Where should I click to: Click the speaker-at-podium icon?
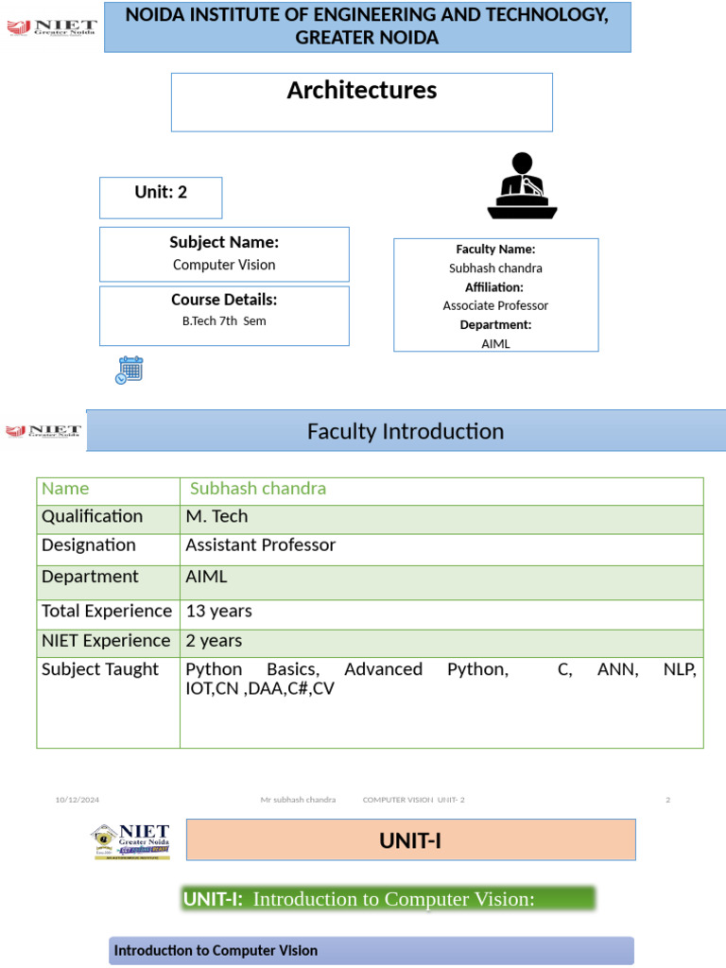[522, 185]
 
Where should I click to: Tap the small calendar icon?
[129, 370]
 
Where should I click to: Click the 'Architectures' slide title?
[361, 91]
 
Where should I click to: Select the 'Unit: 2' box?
[161, 193]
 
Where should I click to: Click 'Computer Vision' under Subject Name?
[224, 265]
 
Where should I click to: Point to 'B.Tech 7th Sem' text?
[224, 320]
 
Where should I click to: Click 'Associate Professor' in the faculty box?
[495, 305]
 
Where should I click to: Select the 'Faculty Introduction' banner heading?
[406, 432]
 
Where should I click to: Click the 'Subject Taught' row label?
[100, 669]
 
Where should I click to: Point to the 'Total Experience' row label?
[107, 611]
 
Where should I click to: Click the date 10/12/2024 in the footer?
[77, 800]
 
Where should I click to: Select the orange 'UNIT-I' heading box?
[410, 840]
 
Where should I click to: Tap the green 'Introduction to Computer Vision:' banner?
[388, 899]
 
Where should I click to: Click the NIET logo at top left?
[52, 26]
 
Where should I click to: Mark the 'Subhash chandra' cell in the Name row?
[258, 489]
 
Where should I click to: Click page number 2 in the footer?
[667, 800]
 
